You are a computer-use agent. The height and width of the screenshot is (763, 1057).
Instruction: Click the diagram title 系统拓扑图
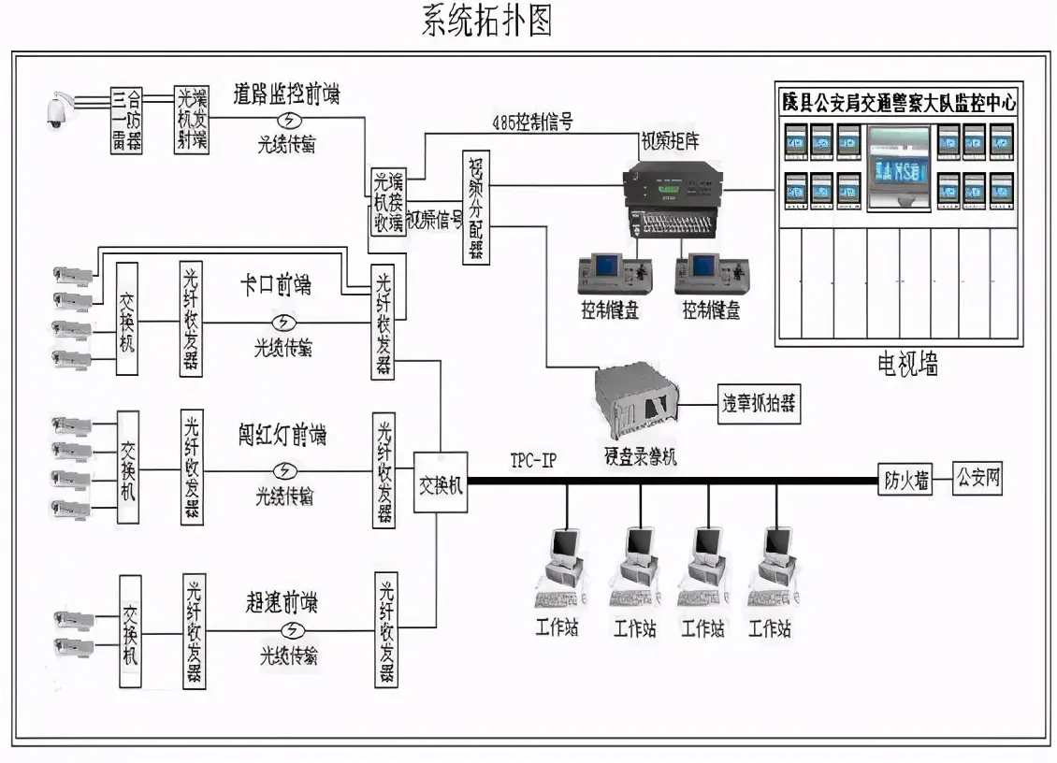486,20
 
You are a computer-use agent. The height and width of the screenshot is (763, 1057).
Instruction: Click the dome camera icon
62,110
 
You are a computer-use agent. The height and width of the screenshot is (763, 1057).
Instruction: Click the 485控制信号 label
531,123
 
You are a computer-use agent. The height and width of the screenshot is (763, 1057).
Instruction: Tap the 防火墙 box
906,481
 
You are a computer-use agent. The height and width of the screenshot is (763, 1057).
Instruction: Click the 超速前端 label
282,603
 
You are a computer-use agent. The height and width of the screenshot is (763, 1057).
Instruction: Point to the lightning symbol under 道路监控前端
292,120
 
